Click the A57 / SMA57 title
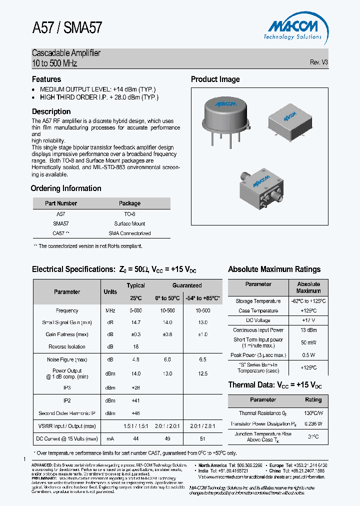67,27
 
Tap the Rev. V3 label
318,62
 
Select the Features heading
46,79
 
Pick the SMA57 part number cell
60,223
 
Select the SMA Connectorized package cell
129,233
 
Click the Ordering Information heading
66,188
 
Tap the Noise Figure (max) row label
67,359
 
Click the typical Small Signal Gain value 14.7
135,322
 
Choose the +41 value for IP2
135,400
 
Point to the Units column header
110,291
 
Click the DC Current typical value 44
135,438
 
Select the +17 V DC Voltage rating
308,320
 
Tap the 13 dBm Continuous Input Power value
308,330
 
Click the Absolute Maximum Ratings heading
274,269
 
